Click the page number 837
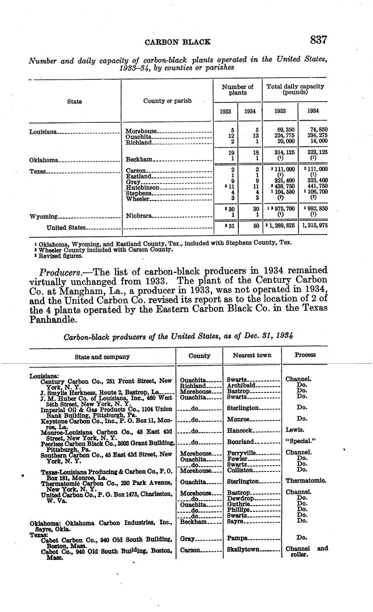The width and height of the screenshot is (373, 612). [319, 40]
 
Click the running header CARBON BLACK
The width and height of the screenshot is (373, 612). [178, 42]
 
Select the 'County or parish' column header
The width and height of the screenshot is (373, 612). [167, 101]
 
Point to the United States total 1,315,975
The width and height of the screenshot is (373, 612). [313, 226]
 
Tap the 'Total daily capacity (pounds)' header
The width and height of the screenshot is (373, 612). [295, 90]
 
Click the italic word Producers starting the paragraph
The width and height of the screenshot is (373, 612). [59, 271]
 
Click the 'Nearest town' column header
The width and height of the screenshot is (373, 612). [252, 355]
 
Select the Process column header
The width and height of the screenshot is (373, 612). [305, 355]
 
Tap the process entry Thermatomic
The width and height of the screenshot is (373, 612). [306, 481]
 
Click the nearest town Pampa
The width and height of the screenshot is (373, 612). [237, 538]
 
